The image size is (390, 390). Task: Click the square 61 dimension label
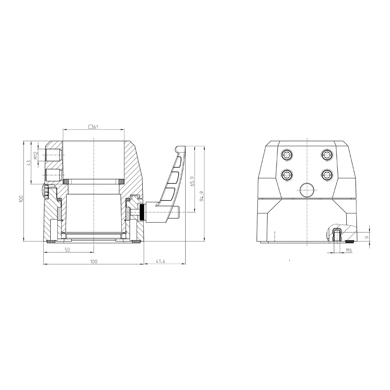(94, 127)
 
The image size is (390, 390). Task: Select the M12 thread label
(36, 156)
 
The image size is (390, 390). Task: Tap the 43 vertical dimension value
(29, 163)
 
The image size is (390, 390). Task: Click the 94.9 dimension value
(202, 196)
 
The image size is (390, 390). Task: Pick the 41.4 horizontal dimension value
(160, 261)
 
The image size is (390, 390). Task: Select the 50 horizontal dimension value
(67, 250)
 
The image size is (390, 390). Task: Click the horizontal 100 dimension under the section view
(94, 261)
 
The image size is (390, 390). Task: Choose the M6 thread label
(349, 250)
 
